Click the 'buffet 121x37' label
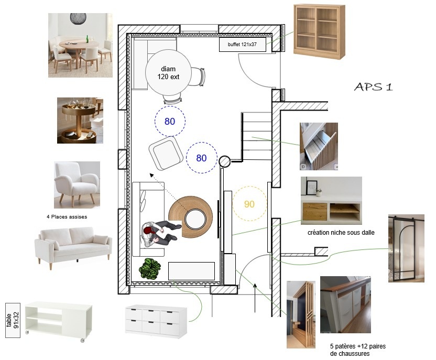pos(242,45)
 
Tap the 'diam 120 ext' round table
pos(168,72)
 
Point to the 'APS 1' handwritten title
pos(374,87)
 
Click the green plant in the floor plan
pos(149,268)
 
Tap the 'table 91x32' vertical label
pos(13,320)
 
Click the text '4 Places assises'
pos(67,217)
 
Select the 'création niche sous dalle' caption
pos(341,232)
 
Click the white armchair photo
pos(77,184)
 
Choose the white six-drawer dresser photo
pos(156,322)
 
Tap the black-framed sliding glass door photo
pos(406,248)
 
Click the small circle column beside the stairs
pos(224,161)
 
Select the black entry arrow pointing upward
pos(255,298)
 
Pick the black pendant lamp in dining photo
pos(78,18)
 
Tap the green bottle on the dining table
pos(87,39)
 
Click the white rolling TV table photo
pos(58,321)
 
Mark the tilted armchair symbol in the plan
pos(166,153)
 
